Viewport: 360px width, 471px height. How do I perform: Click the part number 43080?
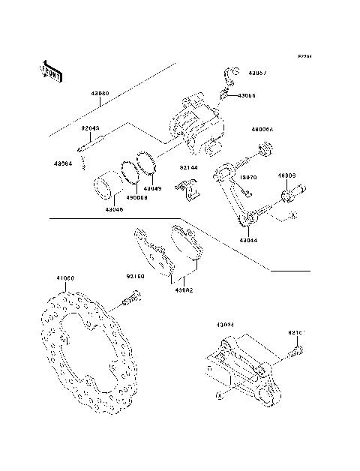click(100, 94)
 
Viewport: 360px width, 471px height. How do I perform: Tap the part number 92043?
click(91, 128)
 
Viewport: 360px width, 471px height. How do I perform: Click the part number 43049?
click(152, 189)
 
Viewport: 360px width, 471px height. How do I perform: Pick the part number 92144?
click(188, 169)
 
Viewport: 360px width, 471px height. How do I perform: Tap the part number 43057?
click(257, 73)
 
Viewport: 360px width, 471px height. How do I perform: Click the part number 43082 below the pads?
click(184, 289)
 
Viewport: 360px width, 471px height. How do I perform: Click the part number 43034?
click(225, 325)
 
